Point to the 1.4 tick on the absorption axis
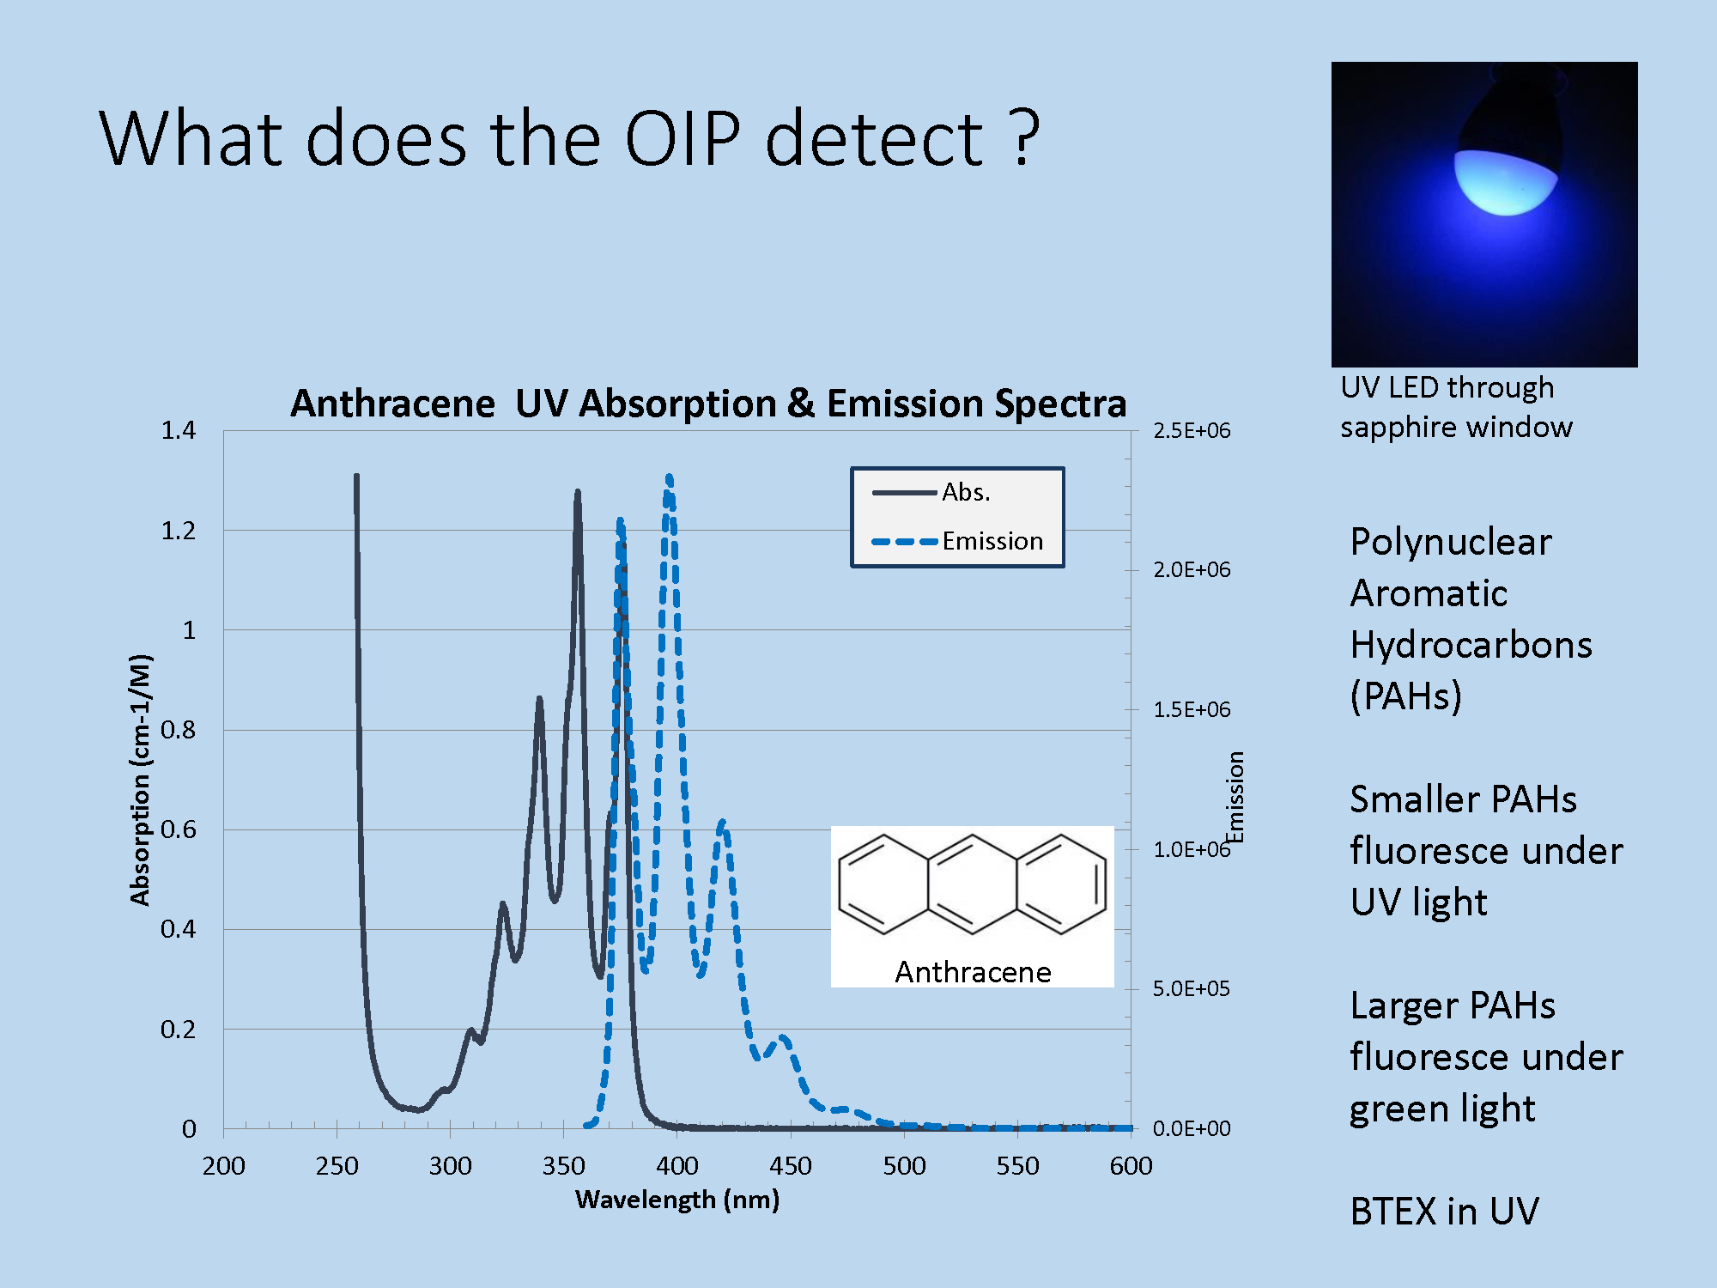click(x=179, y=430)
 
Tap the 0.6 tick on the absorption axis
click(x=179, y=829)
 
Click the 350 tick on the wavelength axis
click(x=563, y=1166)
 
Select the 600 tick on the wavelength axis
click(x=1131, y=1166)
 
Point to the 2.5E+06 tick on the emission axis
click(x=1192, y=430)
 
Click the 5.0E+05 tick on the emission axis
click(x=1192, y=988)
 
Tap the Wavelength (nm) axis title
click(x=677, y=1200)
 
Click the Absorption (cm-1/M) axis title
click(x=140, y=780)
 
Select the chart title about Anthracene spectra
click(x=708, y=403)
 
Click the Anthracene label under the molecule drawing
click(x=973, y=972)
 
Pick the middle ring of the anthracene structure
click(x=972, y=884)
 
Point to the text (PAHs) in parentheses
click(x=1406, y=696)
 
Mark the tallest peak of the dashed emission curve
click(x=669, y=476)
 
